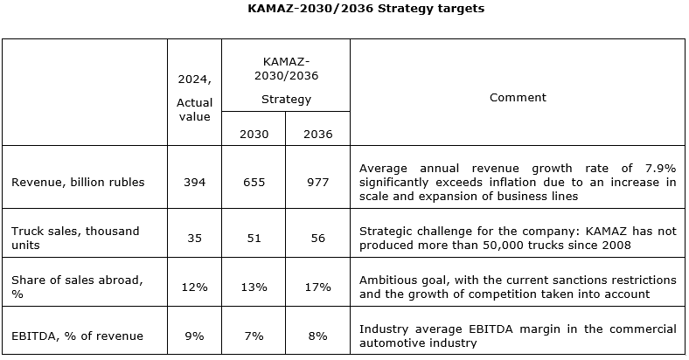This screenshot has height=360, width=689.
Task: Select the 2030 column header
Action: point(254,134)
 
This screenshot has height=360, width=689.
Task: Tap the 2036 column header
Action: point(317,134)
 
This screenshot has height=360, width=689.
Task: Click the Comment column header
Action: point(518,98)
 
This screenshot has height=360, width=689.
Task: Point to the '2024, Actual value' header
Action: point(194,97)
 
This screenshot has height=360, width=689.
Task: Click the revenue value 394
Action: point(194,182)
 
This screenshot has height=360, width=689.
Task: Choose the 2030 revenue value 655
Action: point(254,182)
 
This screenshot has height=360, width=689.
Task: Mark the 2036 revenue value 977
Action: point(317,182)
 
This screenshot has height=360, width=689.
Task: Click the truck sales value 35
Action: point(194,238)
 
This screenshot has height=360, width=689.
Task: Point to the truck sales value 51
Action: point(254,238)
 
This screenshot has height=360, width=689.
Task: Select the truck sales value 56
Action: point(317,238)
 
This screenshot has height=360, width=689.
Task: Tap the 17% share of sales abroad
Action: point(317,287)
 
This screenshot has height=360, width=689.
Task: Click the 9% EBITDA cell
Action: point(194,336)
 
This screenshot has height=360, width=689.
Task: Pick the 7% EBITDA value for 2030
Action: point(254,336)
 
